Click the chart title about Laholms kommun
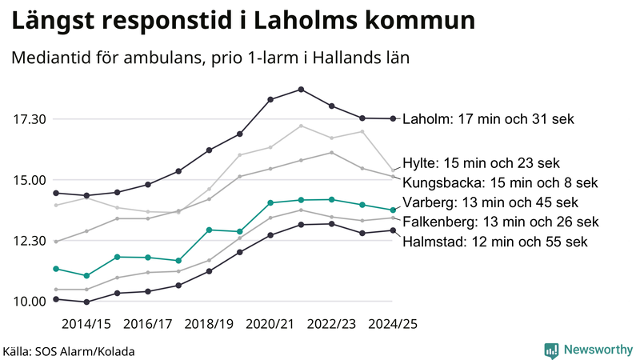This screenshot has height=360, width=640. point(241,21)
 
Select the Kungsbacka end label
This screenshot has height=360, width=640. point(500,182)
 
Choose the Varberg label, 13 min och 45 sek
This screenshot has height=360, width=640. point(489,202)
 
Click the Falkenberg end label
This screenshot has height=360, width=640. point(500,222)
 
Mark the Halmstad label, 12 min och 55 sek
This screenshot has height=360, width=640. point(495,241)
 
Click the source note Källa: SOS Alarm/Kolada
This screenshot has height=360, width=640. point(69,351)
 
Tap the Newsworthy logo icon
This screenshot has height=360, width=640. point(551,350)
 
